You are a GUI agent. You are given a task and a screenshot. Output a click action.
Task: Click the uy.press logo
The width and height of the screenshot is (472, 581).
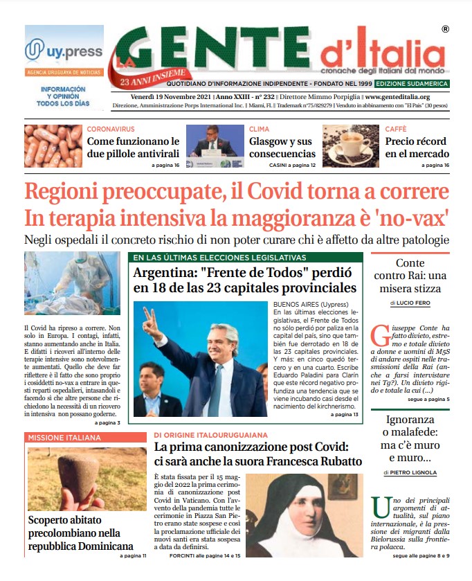[x=64, y=51]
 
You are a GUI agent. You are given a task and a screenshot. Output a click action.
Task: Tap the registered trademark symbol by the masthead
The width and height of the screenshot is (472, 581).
[x=444, y=29]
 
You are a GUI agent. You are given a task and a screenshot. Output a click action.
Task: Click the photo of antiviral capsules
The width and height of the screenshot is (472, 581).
[x=53, y=146]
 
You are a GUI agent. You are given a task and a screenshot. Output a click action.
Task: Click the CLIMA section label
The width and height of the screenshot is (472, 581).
[x=259, y=129]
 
